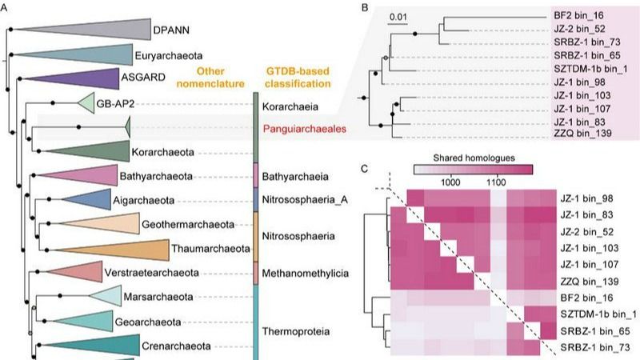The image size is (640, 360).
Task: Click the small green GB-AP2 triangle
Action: click(88, 103)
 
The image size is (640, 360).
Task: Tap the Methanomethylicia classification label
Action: click(306, 274)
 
